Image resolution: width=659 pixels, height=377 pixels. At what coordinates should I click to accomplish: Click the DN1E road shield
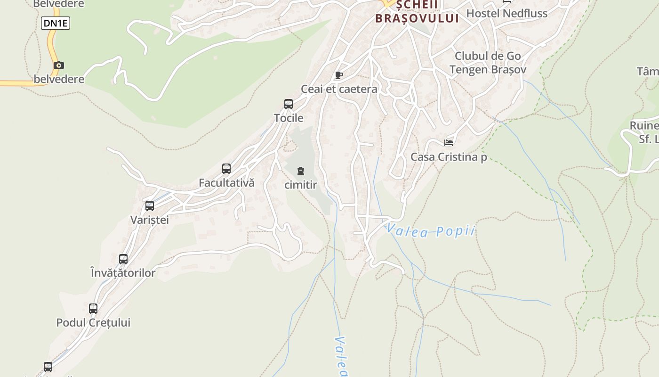[x=56, y=23]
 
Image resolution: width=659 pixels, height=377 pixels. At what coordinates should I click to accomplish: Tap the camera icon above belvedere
[x=59, y=66]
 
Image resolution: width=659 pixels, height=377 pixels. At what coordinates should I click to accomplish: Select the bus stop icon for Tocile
[x=289, y=104]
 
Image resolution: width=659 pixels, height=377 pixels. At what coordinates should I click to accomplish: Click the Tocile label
[x=289, y=118]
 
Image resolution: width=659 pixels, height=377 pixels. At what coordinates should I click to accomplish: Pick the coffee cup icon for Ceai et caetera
[x=338, y=75]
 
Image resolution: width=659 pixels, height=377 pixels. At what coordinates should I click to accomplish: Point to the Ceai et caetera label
[x=339, y=89]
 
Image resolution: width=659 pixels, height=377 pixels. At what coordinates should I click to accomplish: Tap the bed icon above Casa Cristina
[x=449, y=143]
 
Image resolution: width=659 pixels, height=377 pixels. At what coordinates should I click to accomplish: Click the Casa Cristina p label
[x=449, y=157]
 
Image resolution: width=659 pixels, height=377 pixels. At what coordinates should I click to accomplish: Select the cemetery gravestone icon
[x=301, y=171]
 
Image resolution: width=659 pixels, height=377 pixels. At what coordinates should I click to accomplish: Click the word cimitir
[x=301, y=185]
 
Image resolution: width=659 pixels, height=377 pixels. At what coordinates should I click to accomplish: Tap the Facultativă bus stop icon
[x=226, y=169]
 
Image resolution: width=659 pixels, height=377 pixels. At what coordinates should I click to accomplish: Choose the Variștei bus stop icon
[x=150, y=206]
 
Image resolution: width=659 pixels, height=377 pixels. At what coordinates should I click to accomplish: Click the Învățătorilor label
[x=123, y=272]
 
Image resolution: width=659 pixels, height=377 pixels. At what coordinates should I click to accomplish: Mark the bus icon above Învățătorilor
[x=123, y=259]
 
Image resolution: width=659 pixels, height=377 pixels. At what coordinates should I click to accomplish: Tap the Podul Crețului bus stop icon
[x=93, y=309]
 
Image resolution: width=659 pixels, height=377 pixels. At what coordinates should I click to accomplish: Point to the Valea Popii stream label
[x=431, y=231]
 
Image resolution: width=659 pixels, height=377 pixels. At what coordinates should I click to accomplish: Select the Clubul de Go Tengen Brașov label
[x=488, y=63]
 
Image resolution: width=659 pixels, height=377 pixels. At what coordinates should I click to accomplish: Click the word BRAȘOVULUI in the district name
[x=417, y=18]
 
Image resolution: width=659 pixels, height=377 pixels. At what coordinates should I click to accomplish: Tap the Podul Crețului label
[x=93, y=323]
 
